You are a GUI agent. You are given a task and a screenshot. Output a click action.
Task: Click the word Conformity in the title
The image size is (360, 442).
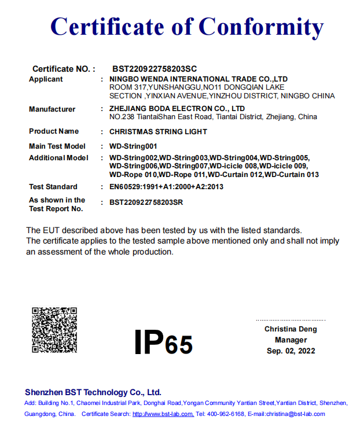(x=261, y=27)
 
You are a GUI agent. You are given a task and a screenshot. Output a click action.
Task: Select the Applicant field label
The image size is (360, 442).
(x=46, y=79)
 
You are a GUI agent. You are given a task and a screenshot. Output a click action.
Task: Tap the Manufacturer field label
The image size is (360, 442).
(x=52, y=109)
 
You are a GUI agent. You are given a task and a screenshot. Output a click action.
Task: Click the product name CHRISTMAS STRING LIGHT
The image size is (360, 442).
(x=158, y=131)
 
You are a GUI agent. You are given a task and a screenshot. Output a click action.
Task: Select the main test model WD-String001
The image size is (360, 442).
(x=133, y=146)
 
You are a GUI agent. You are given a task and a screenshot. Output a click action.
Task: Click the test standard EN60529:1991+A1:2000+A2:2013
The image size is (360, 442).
(x=166, y=187)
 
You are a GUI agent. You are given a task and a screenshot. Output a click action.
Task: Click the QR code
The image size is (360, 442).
(x=54, y=330)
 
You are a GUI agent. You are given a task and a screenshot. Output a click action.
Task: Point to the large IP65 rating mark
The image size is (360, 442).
(x=163, y=342)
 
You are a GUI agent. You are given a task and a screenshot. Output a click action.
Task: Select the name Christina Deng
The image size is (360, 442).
(x=291, y=329)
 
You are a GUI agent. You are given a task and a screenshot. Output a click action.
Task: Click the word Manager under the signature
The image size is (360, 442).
(x=291, y=340)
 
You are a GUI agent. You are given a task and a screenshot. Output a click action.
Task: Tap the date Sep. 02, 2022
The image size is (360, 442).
(x=291, y=351)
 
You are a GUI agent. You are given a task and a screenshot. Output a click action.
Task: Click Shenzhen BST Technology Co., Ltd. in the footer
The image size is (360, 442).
(x=93, y=392)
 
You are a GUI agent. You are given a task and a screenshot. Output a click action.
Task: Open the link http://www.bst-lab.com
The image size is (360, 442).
(x=163, y=414)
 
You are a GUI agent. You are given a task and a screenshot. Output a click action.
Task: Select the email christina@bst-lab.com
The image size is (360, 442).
(x=295, y=414)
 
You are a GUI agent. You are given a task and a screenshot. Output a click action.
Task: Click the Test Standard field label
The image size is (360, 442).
(x=53, y=187)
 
